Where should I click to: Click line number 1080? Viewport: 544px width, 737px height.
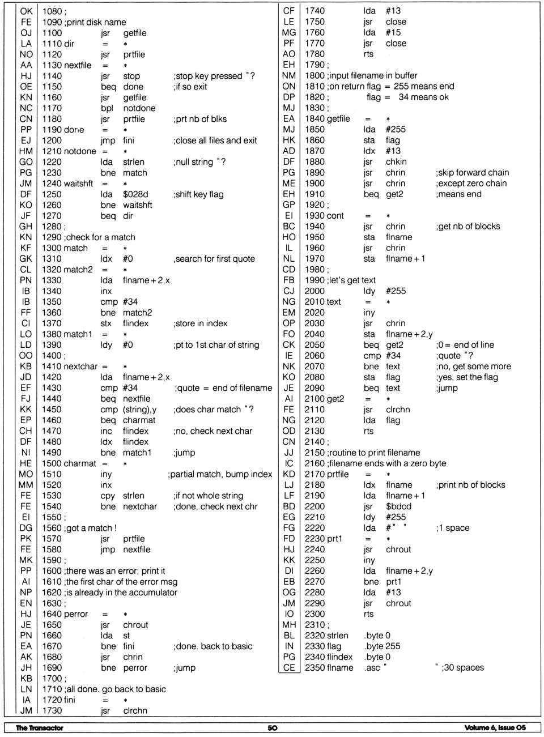point(52,11)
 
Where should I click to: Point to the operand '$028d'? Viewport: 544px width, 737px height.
point(135,194)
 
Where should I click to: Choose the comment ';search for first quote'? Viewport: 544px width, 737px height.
point(214,259)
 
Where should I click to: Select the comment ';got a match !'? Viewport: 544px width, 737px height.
point(91,528)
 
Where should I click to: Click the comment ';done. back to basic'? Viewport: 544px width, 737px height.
point(213,646)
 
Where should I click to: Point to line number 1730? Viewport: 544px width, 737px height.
point(52,711)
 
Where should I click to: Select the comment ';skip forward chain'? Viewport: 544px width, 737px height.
point(472,173)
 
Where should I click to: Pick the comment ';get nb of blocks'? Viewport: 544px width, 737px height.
point(467,227)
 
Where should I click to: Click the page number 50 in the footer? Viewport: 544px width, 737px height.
point(273,728)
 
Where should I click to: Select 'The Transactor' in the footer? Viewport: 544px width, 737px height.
point(39,728)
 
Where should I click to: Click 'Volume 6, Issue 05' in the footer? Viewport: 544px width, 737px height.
point(495,728)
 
